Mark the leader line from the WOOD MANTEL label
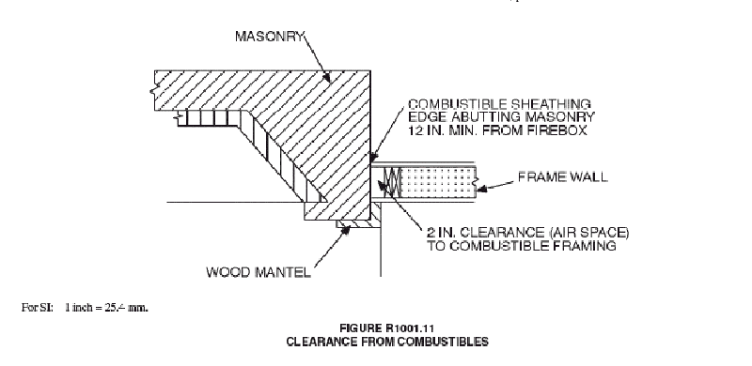click(x=320, y=252)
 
